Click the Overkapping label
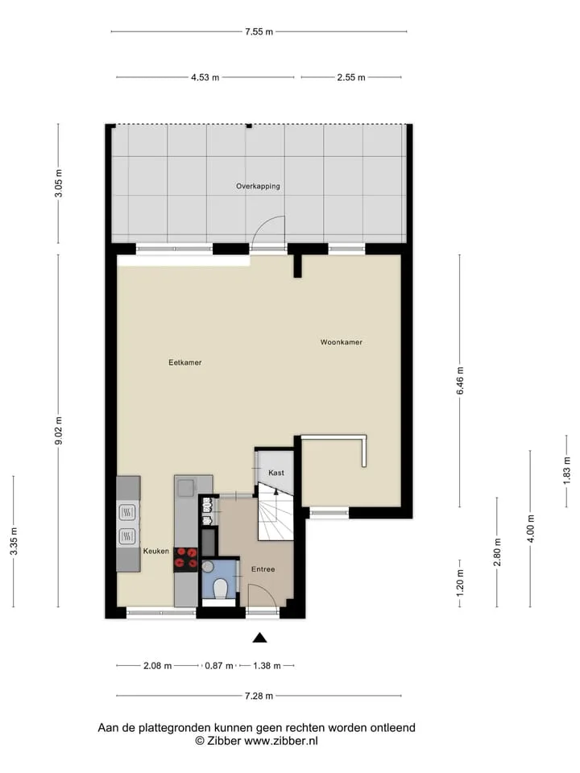(258, 186)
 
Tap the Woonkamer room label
(342, 342)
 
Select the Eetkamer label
(185, 362)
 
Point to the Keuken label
(155, 551)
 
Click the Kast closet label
(276, 473)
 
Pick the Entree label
(263, 569)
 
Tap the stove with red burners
(186, 560)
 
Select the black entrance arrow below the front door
(260, 638)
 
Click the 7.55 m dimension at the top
(259, 32)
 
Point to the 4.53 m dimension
(205, 77)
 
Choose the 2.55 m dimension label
(351, 77)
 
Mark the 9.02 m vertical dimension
(59, 430)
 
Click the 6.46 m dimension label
(460, 381)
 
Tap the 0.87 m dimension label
(219, 666)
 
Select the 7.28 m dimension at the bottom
(259, 696)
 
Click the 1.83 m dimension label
(566, 471)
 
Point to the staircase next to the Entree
(275, 512)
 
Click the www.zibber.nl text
(281, 741)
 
